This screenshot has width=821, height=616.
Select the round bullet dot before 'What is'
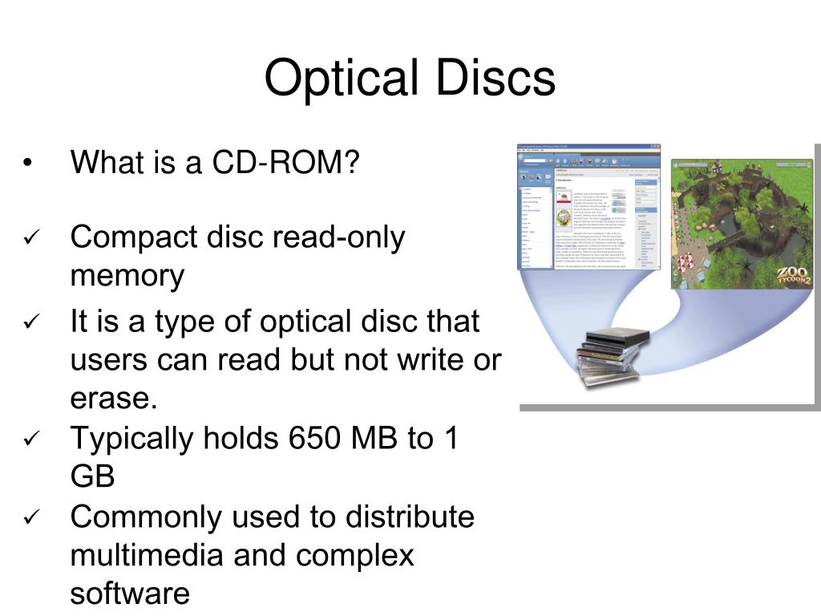click(x=27, y=164)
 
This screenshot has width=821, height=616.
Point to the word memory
click(x=127, y=277)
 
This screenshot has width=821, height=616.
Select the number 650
click(x=309, y=439)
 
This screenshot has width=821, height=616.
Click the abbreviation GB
click(x=92, y=477)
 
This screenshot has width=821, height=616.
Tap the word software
click(x=130, y=594)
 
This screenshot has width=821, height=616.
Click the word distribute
click(x=410, y=517)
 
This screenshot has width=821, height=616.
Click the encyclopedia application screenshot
click(x=588, y=207)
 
